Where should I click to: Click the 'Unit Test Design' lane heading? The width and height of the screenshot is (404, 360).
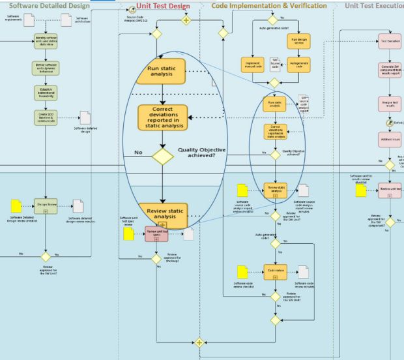tap(163, 6)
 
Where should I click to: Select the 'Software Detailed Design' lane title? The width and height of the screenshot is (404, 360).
tap(49, 6)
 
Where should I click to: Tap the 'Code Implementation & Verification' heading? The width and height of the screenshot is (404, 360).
tap(269, 6)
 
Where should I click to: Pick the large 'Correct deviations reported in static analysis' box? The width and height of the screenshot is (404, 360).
tap(162, 117)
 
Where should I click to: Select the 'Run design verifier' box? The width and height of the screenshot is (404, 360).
tap(297, 41)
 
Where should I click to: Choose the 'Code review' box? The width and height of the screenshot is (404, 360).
tap(274, 269)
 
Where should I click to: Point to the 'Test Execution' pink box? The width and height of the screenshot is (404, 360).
tap(390, 41)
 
